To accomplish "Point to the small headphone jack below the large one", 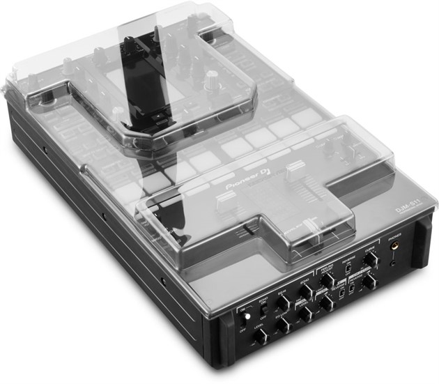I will [x=394, y=263].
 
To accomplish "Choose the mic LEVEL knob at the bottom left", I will [x=259, y=337].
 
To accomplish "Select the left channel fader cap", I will [x=224, y=199].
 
